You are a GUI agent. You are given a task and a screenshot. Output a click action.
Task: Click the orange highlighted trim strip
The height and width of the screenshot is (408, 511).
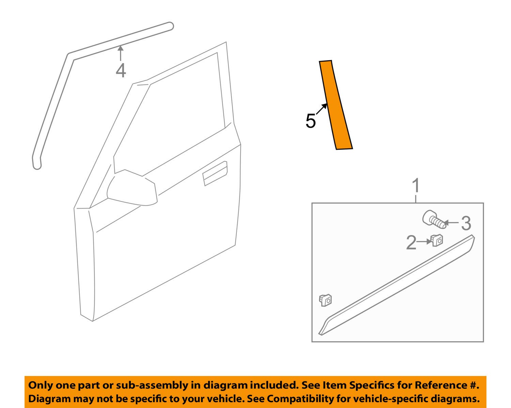click(335, 105)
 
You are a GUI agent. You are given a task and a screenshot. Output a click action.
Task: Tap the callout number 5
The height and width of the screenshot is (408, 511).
click(311, 121)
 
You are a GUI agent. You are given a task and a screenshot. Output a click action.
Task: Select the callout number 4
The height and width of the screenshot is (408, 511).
click(121, 71)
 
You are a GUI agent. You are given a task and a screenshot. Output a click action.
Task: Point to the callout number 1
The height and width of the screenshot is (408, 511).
click(416, 186)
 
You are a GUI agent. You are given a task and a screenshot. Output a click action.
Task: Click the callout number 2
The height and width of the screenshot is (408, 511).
click(411, 243)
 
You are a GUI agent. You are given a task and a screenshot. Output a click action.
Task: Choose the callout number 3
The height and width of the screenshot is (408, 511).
click(466, 224)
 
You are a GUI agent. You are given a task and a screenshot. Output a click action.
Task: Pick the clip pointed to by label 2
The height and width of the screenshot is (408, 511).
click(437, 240)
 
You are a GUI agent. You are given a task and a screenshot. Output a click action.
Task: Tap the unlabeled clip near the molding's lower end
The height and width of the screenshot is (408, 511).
click(326, 300)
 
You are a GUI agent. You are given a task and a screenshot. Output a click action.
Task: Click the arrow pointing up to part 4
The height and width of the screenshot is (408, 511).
click(120, 54)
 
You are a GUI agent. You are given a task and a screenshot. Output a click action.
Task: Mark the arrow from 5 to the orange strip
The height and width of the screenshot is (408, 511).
click(321, 110)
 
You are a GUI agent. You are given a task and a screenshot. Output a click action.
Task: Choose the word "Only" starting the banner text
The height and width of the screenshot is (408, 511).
click(39, 386)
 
